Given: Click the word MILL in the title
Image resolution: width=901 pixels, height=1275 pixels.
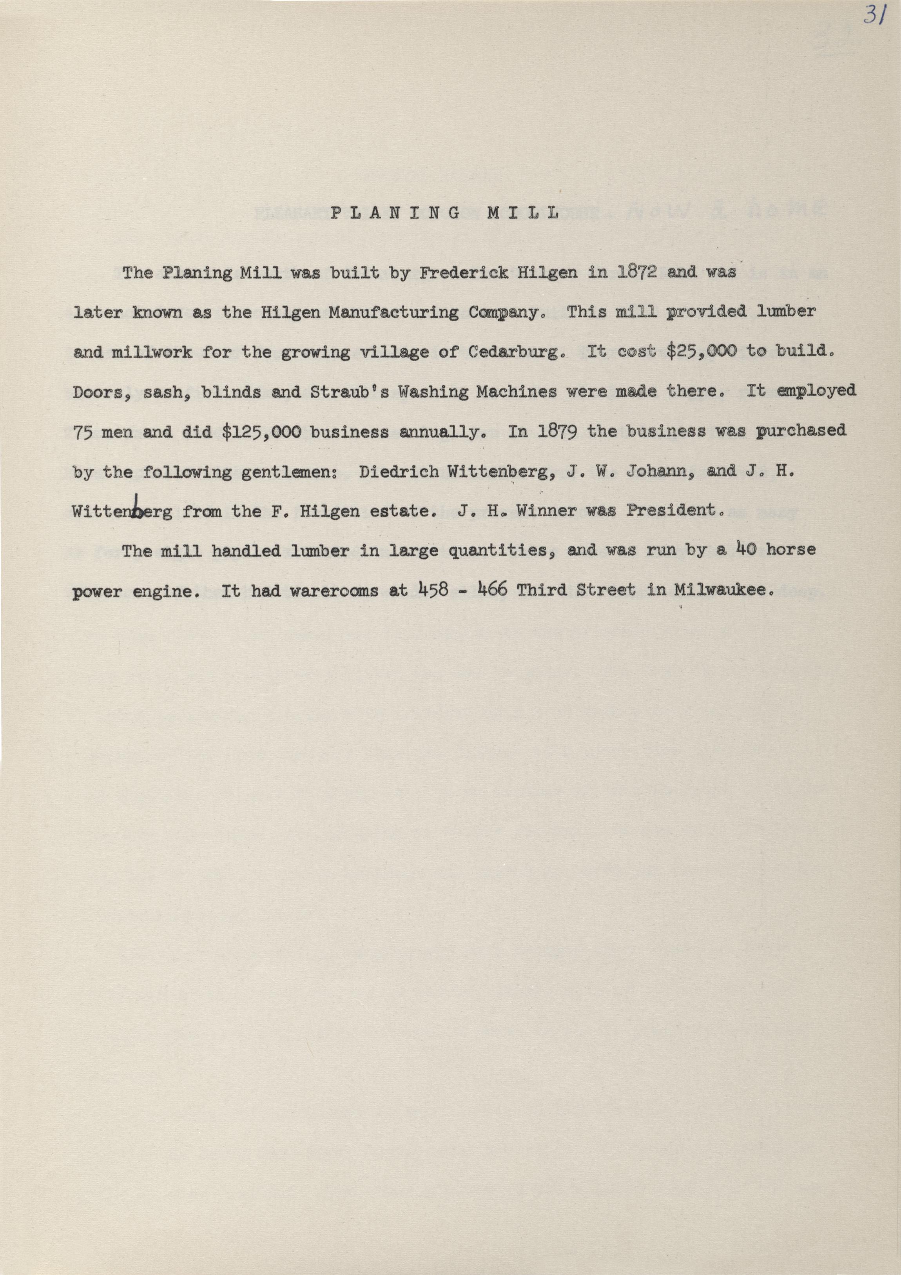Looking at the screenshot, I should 522,213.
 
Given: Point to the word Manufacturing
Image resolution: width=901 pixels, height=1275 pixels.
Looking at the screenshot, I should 393,313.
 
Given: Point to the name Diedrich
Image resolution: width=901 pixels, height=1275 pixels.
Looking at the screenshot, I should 399,472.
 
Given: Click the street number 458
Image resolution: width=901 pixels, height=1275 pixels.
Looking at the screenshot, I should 433,590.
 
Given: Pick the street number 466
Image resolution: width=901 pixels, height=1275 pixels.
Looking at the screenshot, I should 492,590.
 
